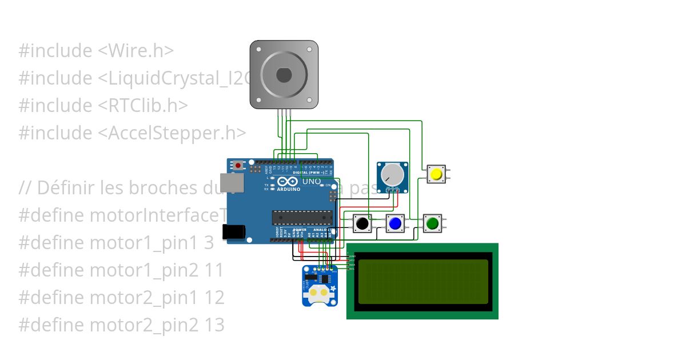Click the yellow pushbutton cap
pyautogui.click(x=437, y=174)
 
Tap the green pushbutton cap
pyautogui.click(x=432, y=223)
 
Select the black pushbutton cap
pyautogui.click(x=361, y=223)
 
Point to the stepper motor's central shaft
pyautogui.click(x=284, y=74)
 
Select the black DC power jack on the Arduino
pyautogui.click(x=235, y=231)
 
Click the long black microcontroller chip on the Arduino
pyautogui.click(x=302, y=217)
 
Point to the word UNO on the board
pyautogui.click(x=312, y=181)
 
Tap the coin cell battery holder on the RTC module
pyautogui.click(x=318, y=293)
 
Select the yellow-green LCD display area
pyautogui.click(x=423, y=281)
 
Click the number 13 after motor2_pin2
pyautogui.click(x=214, y=325)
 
